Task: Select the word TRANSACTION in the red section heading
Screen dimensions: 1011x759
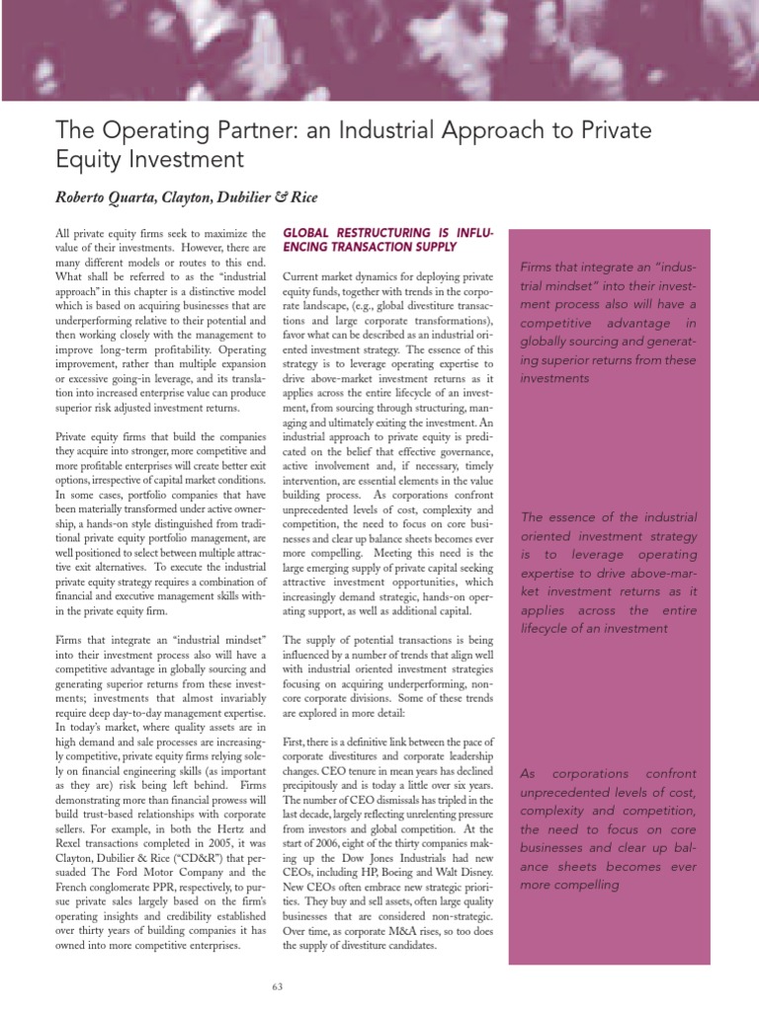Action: point(373,247)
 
